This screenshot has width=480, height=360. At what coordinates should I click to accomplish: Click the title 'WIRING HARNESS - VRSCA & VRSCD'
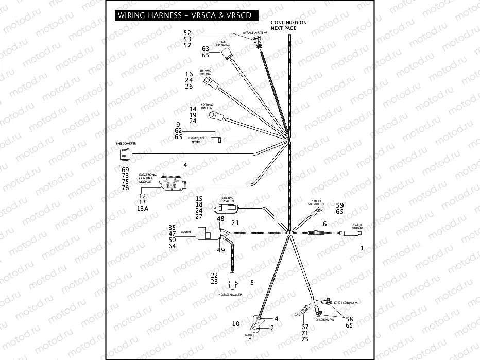(x=184, y=15)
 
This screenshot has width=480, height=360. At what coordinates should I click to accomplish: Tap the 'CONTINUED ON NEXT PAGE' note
(x=288, y=26)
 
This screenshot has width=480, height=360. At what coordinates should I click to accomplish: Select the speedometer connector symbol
(x=124, y=154)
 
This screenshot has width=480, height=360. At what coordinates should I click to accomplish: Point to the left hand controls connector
(x=209, y=84)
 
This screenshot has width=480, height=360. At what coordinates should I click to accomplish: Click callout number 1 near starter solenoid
(x=362, y=248)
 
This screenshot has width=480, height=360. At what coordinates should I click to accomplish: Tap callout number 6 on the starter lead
(x=325, y=224)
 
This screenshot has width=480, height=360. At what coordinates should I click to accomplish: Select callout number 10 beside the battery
(x=236, y=324)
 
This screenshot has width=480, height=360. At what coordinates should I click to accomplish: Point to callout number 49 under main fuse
(x=220, y=250)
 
